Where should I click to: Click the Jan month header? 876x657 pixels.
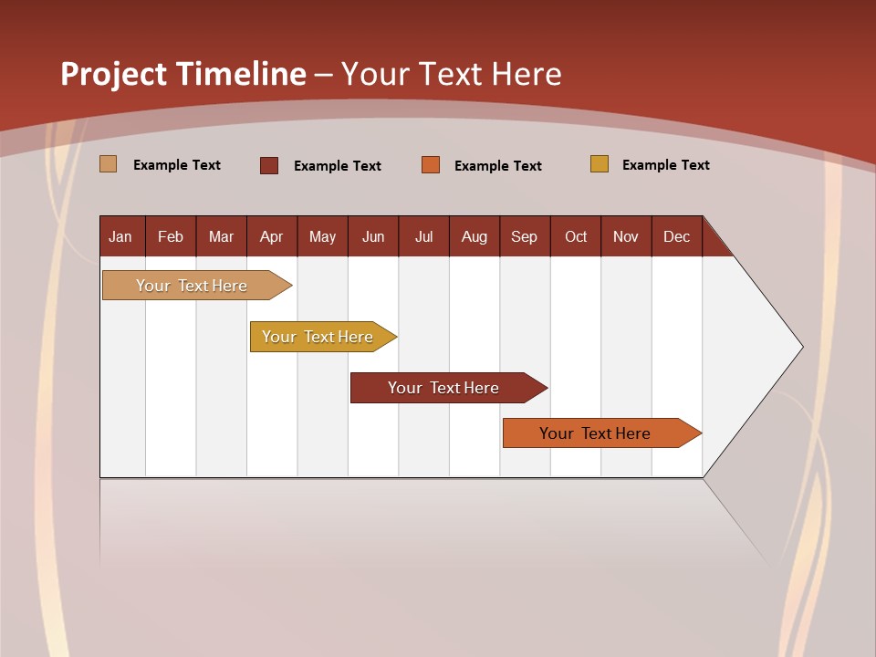[120, 237]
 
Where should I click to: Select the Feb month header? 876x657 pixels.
[171, 237]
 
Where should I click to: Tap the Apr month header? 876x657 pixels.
[272, 237]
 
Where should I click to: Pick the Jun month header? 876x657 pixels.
[373, 237]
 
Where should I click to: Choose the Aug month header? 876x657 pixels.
[474, 237]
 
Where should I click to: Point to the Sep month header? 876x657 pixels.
[525, 237]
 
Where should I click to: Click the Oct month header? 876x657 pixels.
[576, 237]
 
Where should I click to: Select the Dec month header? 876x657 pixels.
[677, 237]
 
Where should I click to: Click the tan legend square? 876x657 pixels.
[109, 164]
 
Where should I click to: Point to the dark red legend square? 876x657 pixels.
[269, 165]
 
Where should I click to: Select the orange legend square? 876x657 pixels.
[431, 165]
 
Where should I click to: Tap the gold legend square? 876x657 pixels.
[600, 164]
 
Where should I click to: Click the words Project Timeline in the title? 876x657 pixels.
[183, 74]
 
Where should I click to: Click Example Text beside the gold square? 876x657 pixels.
[665, 165]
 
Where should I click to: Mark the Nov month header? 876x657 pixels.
[626, 237]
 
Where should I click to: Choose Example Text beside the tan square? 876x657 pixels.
[177, 165]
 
